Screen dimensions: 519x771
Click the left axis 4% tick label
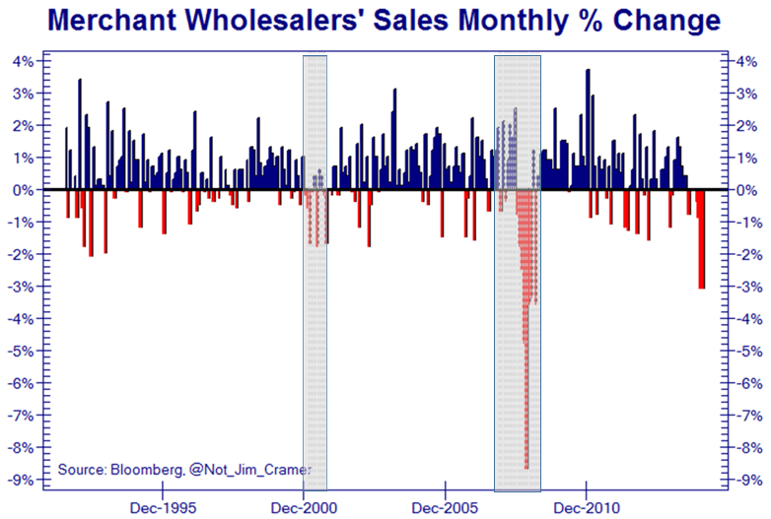pos(25,61)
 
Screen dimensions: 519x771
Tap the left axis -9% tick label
pos(23,481)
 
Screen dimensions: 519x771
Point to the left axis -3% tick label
pos(23,287)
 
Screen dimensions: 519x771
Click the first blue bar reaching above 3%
pos(80,133)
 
